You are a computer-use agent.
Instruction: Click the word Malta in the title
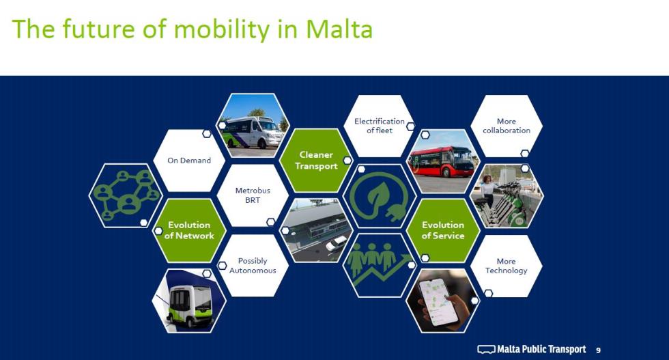tap(339, 29)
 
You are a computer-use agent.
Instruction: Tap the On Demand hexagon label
tap(189, 161)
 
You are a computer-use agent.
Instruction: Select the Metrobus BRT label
tap(253, 195)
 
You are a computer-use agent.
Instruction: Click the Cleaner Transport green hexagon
tap(316, 160)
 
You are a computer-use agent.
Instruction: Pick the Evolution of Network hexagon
tap(189, 230)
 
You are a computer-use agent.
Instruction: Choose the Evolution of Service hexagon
tap(443, 230)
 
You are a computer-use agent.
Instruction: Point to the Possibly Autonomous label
tap(253, 265)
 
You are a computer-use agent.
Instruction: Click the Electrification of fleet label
tap(380, 126)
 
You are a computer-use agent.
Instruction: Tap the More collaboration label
tap(507, 126)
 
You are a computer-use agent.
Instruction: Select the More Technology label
tap(507, 266)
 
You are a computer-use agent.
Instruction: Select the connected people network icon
tap(126, 195)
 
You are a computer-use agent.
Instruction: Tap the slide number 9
tap(598, 350)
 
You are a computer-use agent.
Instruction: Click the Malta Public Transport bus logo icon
tap(486, 349)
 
